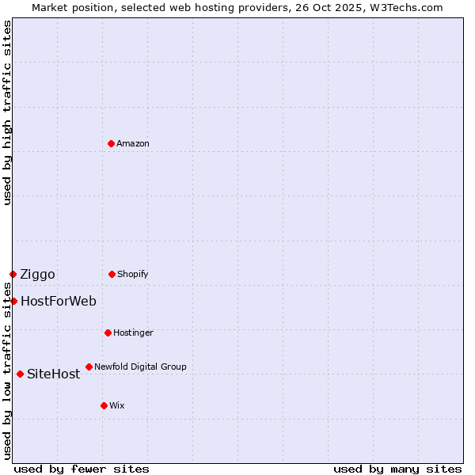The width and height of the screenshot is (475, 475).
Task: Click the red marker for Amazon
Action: coord(111,143)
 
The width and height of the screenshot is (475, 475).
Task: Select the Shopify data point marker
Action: coord(112,274)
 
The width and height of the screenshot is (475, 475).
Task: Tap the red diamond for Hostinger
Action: coord(108,332)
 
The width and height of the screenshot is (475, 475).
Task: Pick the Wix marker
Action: coord(104,405)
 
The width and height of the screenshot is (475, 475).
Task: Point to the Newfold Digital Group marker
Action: coord(89,367)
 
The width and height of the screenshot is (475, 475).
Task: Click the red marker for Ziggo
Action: coord(13,274)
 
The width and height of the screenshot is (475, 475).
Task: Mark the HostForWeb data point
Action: coord(13,301)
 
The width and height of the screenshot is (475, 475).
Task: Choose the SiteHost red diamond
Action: coord(20,374)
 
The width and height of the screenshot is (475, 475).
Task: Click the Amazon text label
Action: coord(133,143)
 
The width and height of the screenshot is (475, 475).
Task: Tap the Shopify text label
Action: coord(133,274)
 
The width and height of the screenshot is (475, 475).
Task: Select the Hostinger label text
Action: coord(133,332)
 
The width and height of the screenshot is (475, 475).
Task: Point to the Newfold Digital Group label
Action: coord(140,367)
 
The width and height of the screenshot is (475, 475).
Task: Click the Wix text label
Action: coord(117,405)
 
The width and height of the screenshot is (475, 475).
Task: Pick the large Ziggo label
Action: coord(37,275)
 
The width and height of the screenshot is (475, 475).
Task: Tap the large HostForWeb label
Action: coord(59,301)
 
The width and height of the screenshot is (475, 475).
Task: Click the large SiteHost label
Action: coord(54,374)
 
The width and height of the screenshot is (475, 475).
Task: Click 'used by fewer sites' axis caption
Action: coord(82,469)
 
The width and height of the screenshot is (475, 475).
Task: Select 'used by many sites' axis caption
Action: coord(397,469)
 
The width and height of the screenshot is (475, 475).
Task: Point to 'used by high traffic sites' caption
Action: coord(7,112)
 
